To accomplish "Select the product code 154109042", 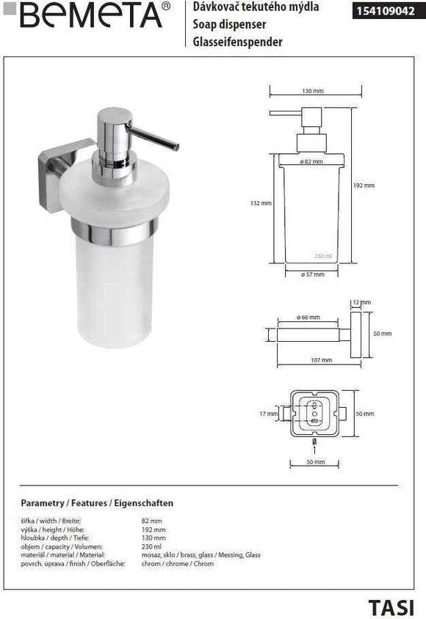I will (386, 11).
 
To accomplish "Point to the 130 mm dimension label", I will (313, 91).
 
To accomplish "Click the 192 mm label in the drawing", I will (364, 186).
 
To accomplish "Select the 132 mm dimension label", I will (261, 202).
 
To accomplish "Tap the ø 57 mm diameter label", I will (312, 273).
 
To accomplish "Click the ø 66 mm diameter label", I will (309, 317).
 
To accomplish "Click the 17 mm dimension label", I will (268, 414).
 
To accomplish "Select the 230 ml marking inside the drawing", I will (323, 256).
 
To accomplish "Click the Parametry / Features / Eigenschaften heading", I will (97, 504).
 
